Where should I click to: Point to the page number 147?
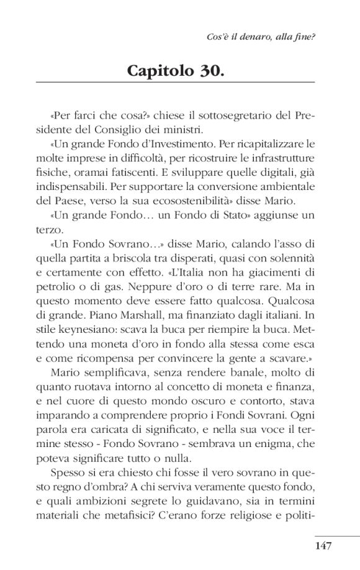click(325, 546)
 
